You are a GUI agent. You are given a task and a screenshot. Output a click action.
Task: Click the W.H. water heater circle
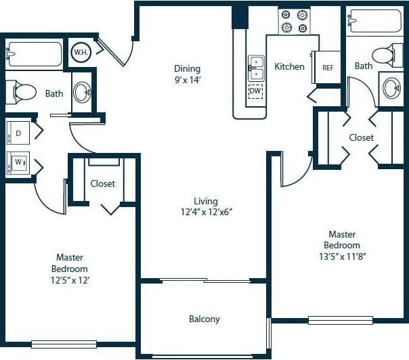tap(81, 51)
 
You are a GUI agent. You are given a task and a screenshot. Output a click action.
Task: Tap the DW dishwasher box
tap(255, 91)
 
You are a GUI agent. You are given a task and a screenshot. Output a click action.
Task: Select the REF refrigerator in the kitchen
tap(328, 68)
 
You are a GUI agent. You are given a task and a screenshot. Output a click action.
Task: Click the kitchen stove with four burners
tap(294, 21)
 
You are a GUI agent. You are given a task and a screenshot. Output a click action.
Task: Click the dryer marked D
tap(18, 133)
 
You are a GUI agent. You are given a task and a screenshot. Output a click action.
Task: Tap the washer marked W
tap(18, 163)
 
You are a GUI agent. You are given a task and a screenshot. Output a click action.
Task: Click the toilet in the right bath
tap(386, 53)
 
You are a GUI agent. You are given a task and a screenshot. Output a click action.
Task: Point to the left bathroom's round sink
tap(81, 92)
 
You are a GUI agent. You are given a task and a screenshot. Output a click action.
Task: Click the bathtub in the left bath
tap(34, 52)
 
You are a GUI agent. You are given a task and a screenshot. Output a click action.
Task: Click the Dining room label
tap(188, 68)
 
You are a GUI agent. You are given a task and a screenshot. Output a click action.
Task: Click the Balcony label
tap(204, 319)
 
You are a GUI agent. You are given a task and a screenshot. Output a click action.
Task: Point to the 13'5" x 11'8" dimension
tap(341, 256)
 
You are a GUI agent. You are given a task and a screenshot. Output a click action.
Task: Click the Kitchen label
tap(289, 66)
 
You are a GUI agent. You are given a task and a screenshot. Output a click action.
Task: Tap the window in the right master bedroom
tap(340, 319)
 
